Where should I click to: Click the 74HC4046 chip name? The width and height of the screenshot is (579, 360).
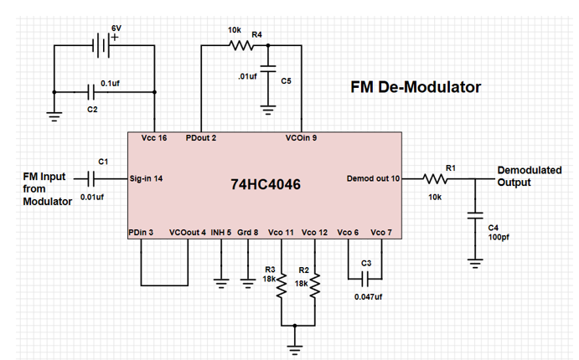265,183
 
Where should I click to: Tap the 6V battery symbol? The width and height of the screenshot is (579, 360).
101,47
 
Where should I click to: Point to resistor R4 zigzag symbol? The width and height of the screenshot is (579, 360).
236,46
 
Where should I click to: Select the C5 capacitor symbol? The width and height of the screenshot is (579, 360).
268,71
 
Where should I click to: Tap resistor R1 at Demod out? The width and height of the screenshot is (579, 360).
436,177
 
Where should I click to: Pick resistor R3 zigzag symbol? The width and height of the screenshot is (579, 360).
282,285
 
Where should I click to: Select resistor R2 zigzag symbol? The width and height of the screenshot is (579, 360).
316,285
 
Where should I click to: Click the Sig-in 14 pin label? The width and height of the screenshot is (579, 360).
147,178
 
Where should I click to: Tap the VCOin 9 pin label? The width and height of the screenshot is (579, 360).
301,137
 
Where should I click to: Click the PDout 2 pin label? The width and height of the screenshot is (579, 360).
201,137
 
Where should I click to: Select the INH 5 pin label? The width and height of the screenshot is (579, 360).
220,232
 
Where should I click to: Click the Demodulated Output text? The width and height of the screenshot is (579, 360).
529,176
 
